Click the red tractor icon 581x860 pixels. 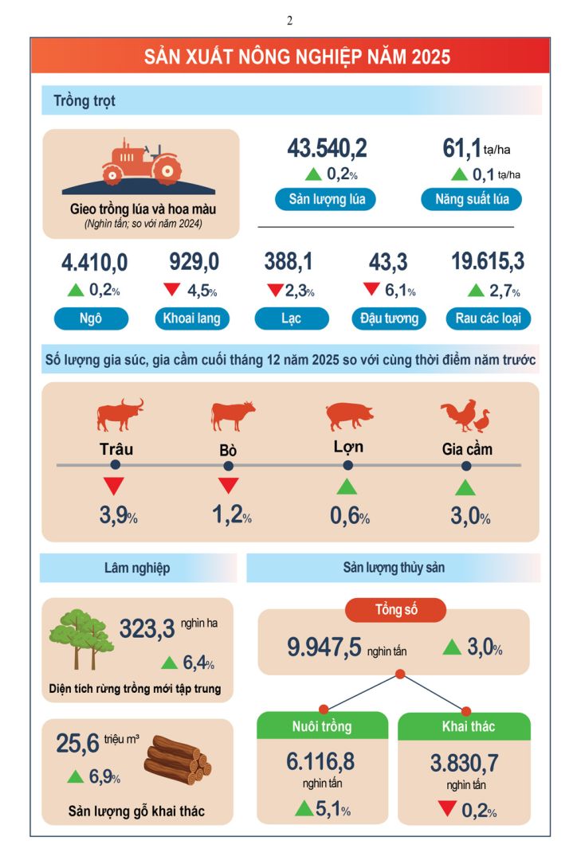pos(140,162)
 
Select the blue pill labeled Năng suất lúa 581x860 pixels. pos(471,199)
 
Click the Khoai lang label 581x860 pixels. pos(192,319)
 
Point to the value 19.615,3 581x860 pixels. pos(487,262)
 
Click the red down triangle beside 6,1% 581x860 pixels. pos(371,290)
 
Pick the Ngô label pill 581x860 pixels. pos(91,319)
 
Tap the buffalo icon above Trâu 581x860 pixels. pos(120,415)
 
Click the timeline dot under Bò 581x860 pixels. pos(229,464)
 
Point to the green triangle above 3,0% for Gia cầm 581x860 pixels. pos(465,487)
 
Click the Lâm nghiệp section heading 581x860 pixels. pos(137,568)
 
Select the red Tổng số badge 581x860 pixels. pos(395,611)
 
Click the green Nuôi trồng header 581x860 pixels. pos(322,726)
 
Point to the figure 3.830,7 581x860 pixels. pos(464,763)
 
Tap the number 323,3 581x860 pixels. pos(147,629)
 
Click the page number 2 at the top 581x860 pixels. pos(289,21)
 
